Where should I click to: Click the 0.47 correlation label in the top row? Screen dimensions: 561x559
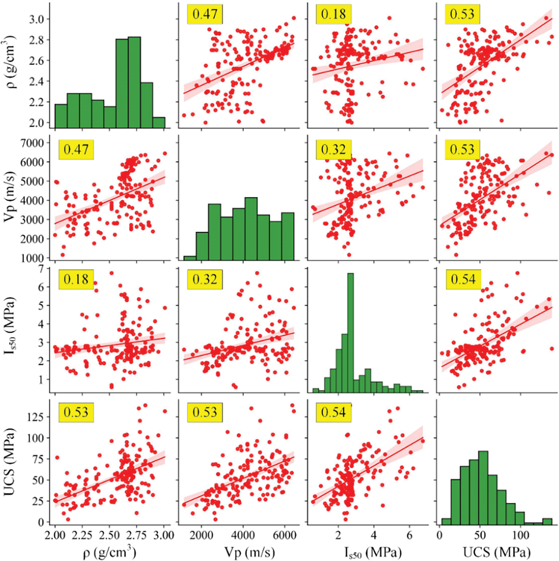[x=205, y=14]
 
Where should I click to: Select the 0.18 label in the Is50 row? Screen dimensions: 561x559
[x=76, y=279]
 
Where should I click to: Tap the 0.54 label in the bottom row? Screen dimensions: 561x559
[x=334, y=412]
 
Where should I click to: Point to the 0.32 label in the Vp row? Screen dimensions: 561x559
[x=334, y=149]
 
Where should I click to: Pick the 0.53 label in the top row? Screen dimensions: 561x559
[x=462, y=14]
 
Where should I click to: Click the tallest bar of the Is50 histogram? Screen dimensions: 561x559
[x=350, y=332]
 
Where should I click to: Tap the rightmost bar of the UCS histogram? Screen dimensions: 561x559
[x=547, y=521]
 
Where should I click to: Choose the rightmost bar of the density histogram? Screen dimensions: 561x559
[x=159, y=123]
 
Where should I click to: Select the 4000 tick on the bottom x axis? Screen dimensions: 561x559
[x=243, y=535]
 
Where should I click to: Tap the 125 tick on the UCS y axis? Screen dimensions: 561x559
[x=36, y=417]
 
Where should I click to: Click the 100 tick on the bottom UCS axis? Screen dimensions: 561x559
[x=521, y=535]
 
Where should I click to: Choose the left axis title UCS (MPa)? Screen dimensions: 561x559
[x=10, y=461]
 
